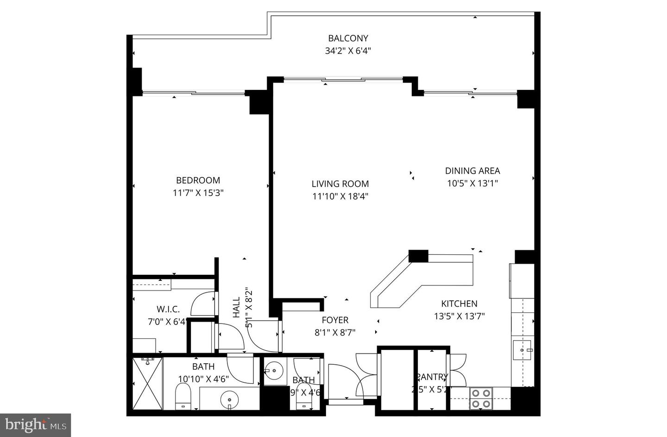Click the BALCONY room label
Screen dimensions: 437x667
[x=348, y=38]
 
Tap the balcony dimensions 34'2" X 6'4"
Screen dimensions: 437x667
[x=348, y=51]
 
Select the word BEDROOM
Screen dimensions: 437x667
[x=198, y=180]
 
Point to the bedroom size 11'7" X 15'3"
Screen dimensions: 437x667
[x=198, y=193]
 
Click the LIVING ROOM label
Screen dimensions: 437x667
[x=340, y=184]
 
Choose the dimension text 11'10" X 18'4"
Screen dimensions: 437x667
[x=340, y=196]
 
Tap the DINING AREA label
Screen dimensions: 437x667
[x=472, y=171]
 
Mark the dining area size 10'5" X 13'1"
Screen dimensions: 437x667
[x=472, y=183]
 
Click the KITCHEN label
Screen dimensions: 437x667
[x=459, y=304]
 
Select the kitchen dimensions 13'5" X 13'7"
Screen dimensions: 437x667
[x=459, y=317]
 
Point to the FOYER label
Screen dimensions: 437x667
[x=335, y=320]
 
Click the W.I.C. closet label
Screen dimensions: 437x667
[x=168, y=309]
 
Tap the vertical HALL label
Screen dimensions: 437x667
[x=237, y=307]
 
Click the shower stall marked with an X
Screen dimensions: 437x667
[x=147, y=383]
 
